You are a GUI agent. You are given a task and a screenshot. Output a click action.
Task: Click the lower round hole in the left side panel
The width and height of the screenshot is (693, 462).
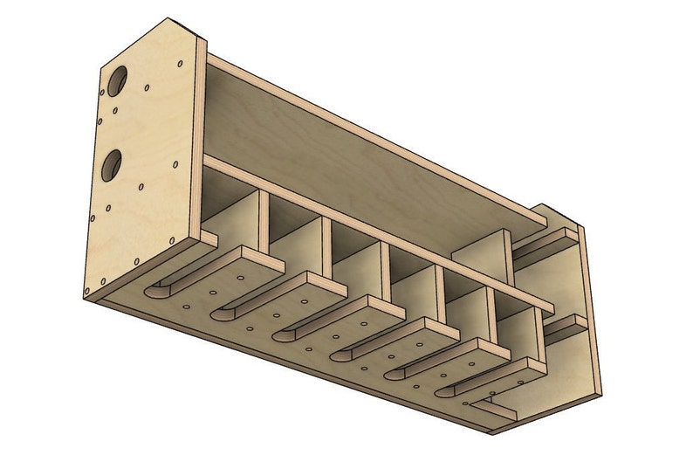pos(112,164)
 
